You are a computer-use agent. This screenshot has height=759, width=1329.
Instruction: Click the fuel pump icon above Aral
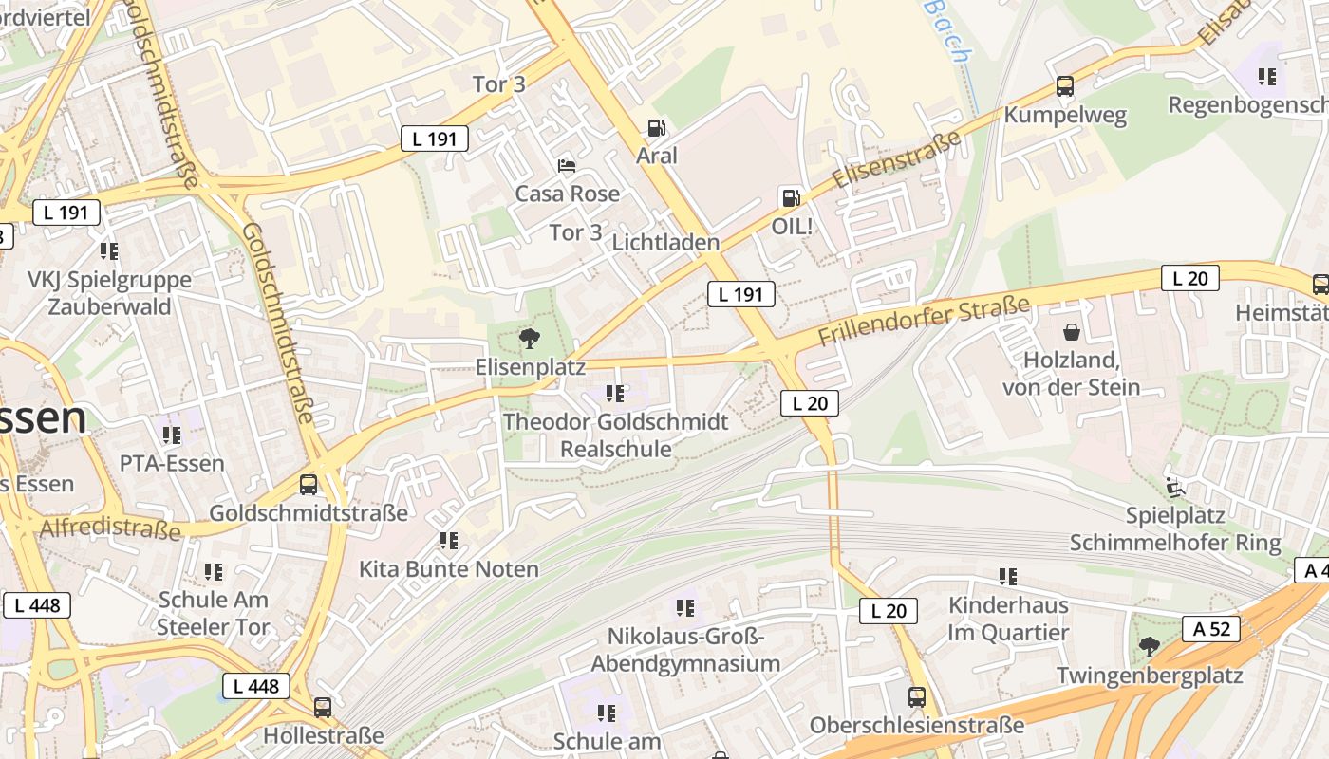(x=656, y=127)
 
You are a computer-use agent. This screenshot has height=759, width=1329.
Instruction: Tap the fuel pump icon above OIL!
(x=790, y=197)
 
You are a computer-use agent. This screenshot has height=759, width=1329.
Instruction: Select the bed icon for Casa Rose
(x=567, y=166)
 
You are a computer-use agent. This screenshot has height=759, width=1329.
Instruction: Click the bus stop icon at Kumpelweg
(x=1065, y=86)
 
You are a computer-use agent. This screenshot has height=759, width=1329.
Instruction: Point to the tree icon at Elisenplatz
(x=530, y=337)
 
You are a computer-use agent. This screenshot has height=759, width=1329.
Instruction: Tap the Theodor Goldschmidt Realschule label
(x=615, y=435)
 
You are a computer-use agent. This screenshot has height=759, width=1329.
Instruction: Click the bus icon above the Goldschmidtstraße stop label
(x=309, y=484)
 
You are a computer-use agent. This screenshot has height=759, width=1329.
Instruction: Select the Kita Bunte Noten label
(x=448, y=569)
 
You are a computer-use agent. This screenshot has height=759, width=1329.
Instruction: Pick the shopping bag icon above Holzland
(x=1072, y=332)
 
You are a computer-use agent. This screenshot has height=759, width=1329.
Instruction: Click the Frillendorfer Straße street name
(x=923, y=323)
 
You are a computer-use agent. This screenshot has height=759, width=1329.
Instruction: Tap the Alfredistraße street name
(x=109, y=528)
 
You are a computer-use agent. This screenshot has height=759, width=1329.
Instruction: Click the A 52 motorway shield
(x=1211, y=628)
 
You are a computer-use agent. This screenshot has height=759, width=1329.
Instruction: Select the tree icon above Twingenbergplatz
(x=1150, y=647)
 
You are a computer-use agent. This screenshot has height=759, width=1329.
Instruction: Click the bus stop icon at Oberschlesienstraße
(x=916, y=697)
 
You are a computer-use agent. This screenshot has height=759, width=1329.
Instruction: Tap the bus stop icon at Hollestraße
(x=323, y=707)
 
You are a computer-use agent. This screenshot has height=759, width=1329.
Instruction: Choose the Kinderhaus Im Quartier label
(x=1008, y=619)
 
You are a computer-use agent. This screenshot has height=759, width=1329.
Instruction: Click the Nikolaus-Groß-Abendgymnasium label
(x=685, y=650)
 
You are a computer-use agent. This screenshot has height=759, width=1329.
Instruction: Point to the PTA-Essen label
(x=172, y=463)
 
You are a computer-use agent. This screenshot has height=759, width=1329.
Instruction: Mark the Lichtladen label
(x=665, y=242)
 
